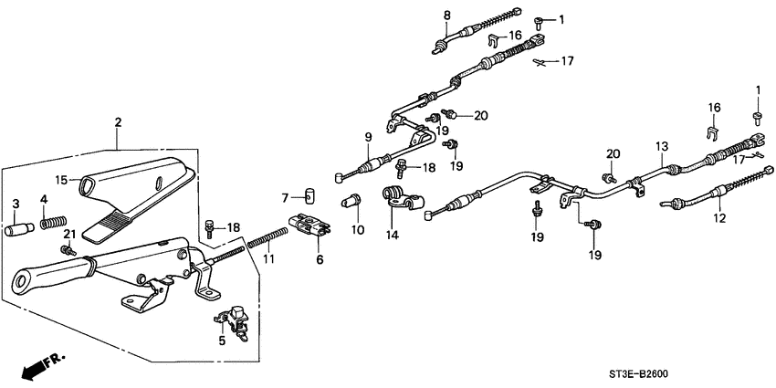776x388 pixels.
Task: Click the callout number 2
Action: pos(117,122)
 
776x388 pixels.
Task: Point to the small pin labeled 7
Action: pos(309,195)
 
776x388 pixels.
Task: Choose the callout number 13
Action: pos(661,146)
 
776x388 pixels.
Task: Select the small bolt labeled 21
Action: pos(67,248)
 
